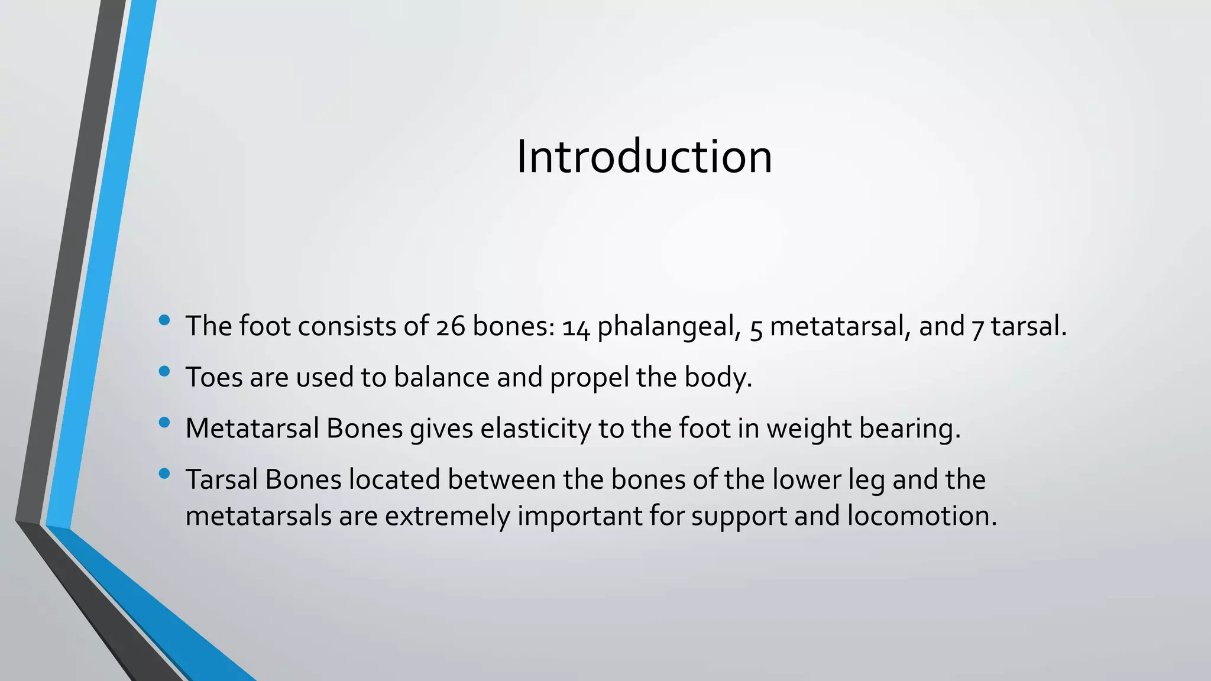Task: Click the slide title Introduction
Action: (x=644, y=157)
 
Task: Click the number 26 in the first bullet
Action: (x=451, y=327)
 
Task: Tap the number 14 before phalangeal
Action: (x=575, y=328)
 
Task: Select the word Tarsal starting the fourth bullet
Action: (x=222, y=480)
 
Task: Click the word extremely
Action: (x=448, y=516)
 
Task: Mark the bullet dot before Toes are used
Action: (x=164, y=372)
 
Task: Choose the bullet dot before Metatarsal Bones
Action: (x=164, y=423)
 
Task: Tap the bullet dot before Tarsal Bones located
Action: (x=164, y=474)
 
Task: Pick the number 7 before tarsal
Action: (x=977, y=328)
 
